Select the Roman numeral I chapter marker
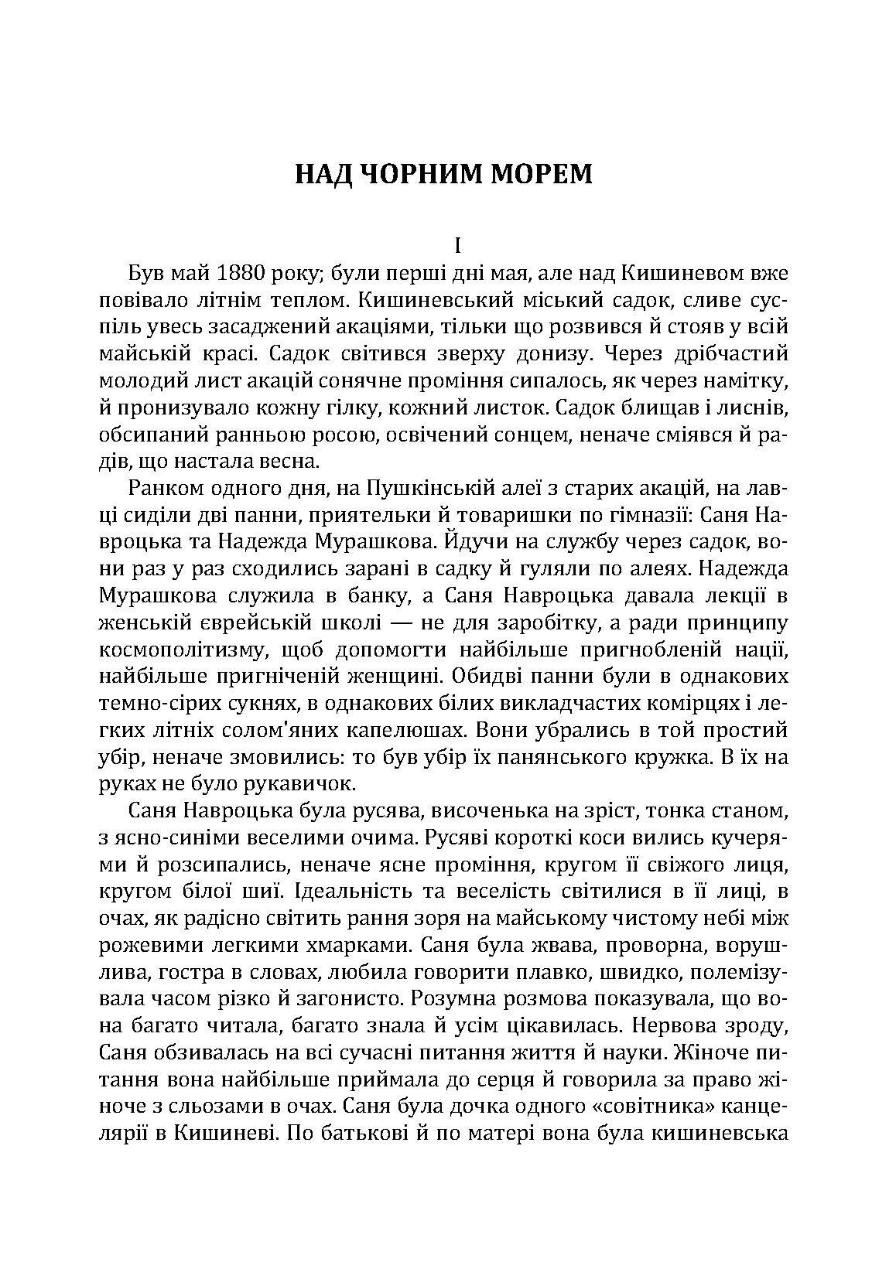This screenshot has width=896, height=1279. pos(457,247)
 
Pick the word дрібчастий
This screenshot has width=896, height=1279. pos(734,354)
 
